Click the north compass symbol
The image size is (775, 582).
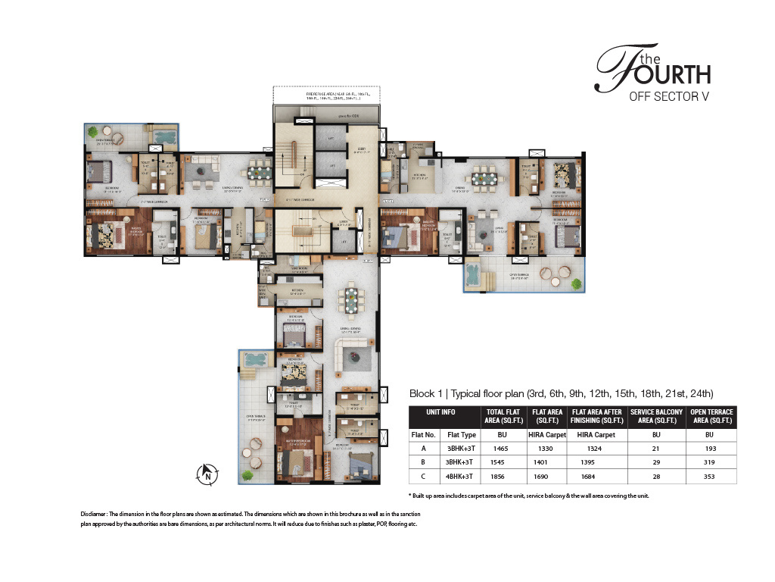click(x=207, y=474)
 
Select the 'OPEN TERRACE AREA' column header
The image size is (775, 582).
click(x=711, y=417)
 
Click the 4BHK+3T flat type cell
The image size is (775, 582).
click(x=461, y=476)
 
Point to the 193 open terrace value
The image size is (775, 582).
click(x=711, y=449)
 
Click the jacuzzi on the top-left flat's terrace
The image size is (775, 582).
click(x=162, y=136)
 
